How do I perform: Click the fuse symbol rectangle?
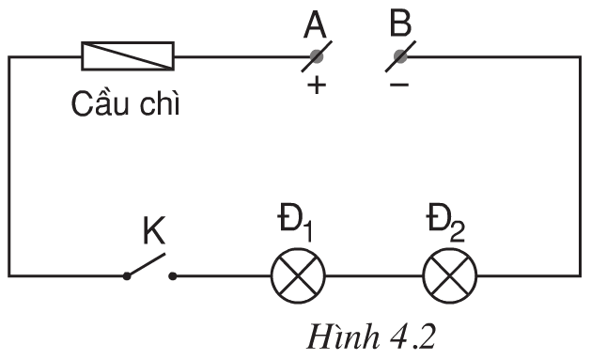coord(129,56)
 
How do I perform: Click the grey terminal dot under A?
coord(314,56)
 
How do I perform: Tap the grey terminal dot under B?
coord(401,56)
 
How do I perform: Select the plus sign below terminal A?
coord(316,86)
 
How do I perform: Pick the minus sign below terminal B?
coord(399,86)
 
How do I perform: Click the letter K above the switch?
coord(154,229)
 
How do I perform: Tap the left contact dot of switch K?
coord(127,276)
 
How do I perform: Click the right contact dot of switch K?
coord(172,276)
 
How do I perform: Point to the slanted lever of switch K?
coord(148,264)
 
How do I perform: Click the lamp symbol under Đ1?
coord(298,275)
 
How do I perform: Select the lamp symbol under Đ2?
coord(450,275)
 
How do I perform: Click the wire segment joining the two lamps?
coord(374,276)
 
